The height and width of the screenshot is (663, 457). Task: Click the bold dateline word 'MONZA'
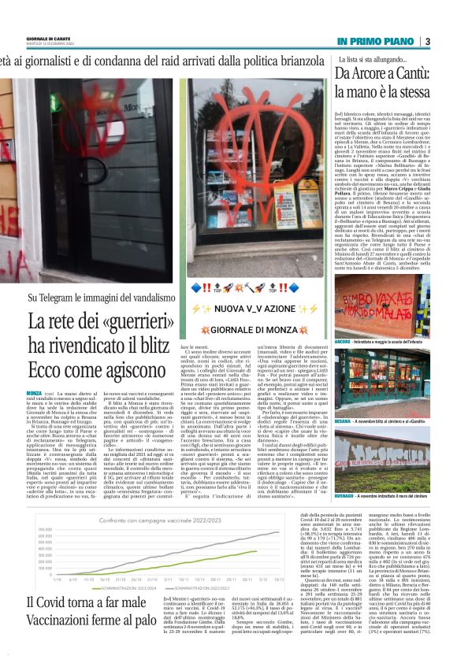[34, 370]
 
